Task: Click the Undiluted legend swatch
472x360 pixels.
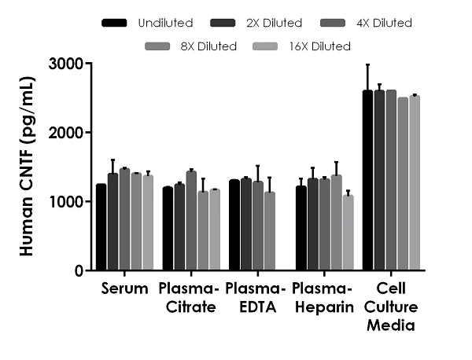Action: tap(116, 24)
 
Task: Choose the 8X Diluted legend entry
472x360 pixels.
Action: tap(191, 46)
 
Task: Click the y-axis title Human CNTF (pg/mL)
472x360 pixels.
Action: tap(27, 167)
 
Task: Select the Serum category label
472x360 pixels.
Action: tap(124, 288)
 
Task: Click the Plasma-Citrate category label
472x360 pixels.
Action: tap(186, 297)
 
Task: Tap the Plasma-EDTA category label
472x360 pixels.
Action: tap(253, 297)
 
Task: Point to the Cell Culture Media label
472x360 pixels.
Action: tap(390, 307)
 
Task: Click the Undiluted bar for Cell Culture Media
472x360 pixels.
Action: tap(367, 181)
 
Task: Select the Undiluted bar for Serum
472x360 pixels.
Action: tap(101, 228)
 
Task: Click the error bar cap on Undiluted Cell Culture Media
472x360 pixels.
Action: tap(367, 64)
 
